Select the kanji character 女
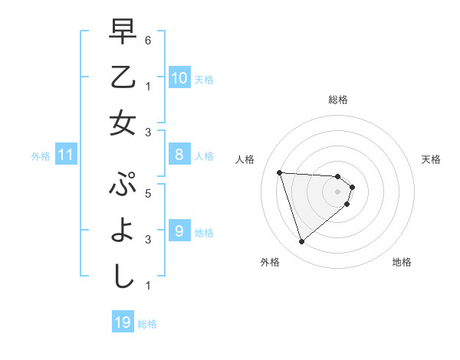click(x=123, y=123)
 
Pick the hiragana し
click(x=123, y=275)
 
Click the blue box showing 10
click(x=179, y=78)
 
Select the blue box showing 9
click(x=179, y=231)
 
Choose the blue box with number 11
click(x=66, y=155)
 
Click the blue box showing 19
click(x=123, y=322)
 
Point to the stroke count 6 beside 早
click(x=147, y=40)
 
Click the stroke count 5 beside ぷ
click(x=147, y=194)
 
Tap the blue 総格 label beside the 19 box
click(x=147, y=324)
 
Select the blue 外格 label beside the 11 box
click(x=41, y=156)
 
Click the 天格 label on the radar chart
click(x=431, y=159)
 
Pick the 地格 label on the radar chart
click(x=402, y=262)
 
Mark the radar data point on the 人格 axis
click(x=279, y=172)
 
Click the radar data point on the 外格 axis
click(x=301, y=242)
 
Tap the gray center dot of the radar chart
click(x=337, y=202)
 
